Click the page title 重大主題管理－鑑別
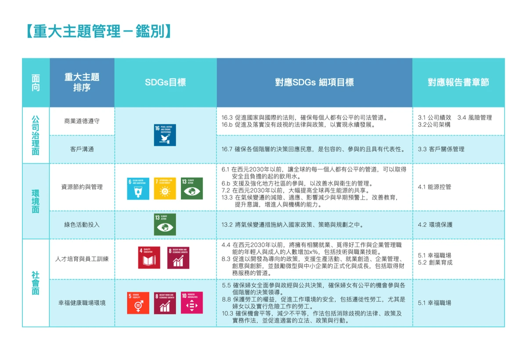(x=97, y=32)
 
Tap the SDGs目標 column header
(x=165, y=83)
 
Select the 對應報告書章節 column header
(x=458, y=83)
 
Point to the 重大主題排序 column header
(x=82, y=83)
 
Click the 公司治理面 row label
(x=36, y=135)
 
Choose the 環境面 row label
(x=36, y=202)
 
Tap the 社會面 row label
(x=36, y=283)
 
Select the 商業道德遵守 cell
(x=82, y=121)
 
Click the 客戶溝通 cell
(x=82, y=149)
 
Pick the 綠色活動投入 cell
(x=82, y=225)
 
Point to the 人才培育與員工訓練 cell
(x=82, y=259)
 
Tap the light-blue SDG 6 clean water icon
(x=138, y=188)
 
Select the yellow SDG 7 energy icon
(x=165, y=188)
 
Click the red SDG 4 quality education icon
(x=149, y=258)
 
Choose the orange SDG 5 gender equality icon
(x=138, y=303)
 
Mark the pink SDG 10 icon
(x=192, y=303)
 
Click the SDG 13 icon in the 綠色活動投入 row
(x=165, y=225)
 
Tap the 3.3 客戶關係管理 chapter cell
(x=441, y=149)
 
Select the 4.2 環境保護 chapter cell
(x=435, y=225)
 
